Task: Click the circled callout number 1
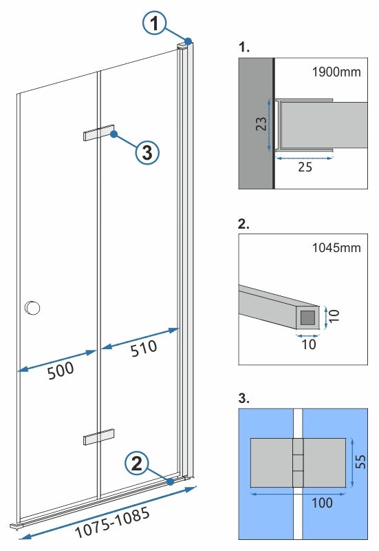pos(155,25)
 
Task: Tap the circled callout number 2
pos(138,464)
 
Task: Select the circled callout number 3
pos(147,153)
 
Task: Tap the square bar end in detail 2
pos(308,318)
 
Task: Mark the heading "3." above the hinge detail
pos(244,398)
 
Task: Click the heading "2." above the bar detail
pos(244,225)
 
